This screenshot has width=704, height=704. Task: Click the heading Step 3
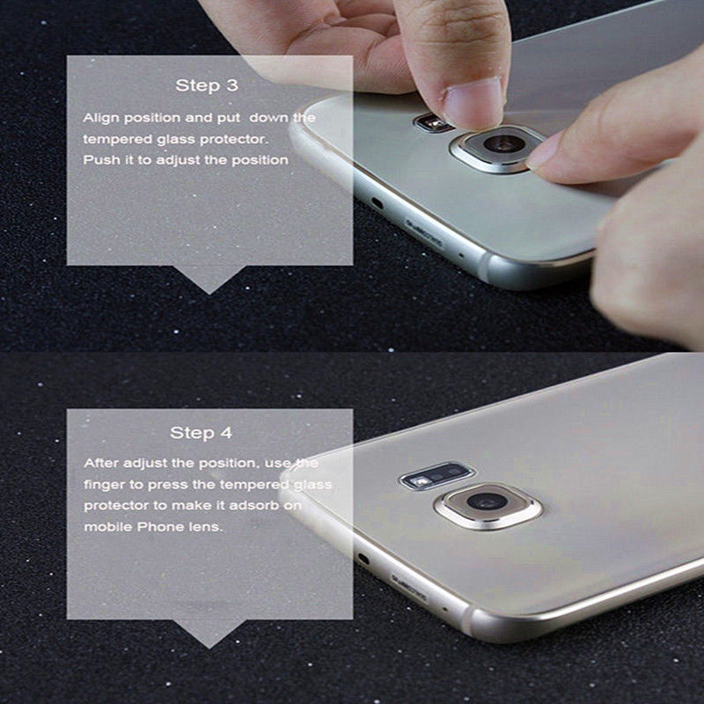(x=207, y=85)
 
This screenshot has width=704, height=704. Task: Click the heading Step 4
(x=202, y=433)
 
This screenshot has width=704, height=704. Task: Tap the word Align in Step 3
(x=101, y=118)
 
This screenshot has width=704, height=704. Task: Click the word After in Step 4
(x=101, y=463)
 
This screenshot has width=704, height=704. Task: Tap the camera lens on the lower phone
(x=488, y=504)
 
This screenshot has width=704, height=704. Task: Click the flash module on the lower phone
(x=436, y=475)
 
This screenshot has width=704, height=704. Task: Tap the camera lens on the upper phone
(x=501, y=144)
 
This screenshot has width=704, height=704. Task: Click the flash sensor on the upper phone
(x=432, y=122)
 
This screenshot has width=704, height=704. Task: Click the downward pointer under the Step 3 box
(x=209, y=279)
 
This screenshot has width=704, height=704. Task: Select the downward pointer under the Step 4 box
(x=209, y=634)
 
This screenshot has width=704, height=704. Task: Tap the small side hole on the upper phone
(x=378, y=204)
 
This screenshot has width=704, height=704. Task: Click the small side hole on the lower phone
(x=363, y=560)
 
